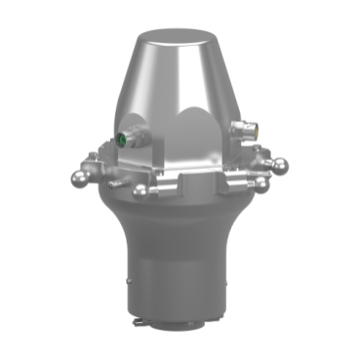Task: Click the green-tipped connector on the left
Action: [123, 138]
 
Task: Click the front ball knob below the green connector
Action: [140, 191]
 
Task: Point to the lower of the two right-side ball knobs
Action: [261, 182]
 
